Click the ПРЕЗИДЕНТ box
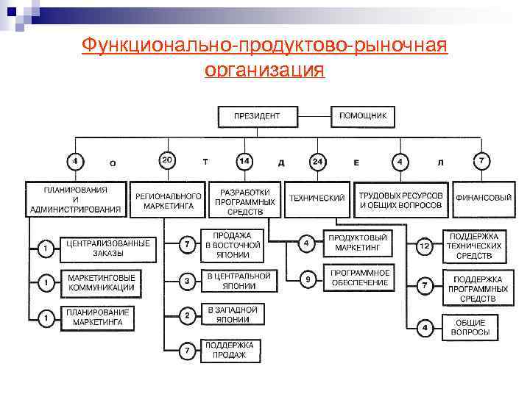[x=258, y=116]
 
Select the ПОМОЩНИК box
[x=367, y=116]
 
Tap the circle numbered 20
[x=168, y=160]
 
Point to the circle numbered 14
[x=244, y=160]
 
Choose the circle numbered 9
[x=309, y=279]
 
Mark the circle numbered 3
[x=188, y=281]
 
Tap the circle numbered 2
[x=188, y=316]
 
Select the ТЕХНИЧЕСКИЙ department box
[x=317, y=198]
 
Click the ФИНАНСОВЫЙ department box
[x=484, y=198]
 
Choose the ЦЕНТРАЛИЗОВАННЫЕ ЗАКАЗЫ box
[x=108, y=248]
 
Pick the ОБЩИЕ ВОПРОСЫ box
[x=471, y=327]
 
